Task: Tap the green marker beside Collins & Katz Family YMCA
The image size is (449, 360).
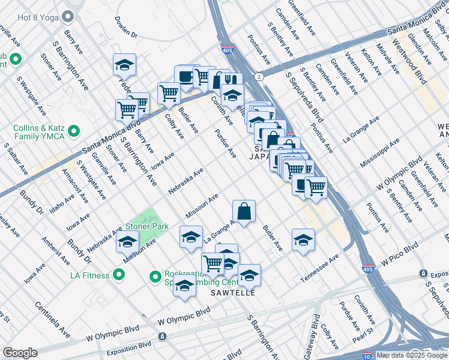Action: point(74,130)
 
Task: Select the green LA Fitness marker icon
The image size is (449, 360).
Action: point(119,275)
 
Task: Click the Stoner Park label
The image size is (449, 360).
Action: point(146,227)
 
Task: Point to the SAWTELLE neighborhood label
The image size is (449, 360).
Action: point(233,293)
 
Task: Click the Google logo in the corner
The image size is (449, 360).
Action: point(20,353)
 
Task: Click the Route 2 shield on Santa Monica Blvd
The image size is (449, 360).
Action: point(258,77)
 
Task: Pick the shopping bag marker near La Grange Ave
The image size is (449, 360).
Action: point(244,211)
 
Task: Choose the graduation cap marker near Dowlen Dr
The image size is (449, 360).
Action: point(124,65)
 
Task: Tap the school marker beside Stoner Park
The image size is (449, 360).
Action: point(127,243)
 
